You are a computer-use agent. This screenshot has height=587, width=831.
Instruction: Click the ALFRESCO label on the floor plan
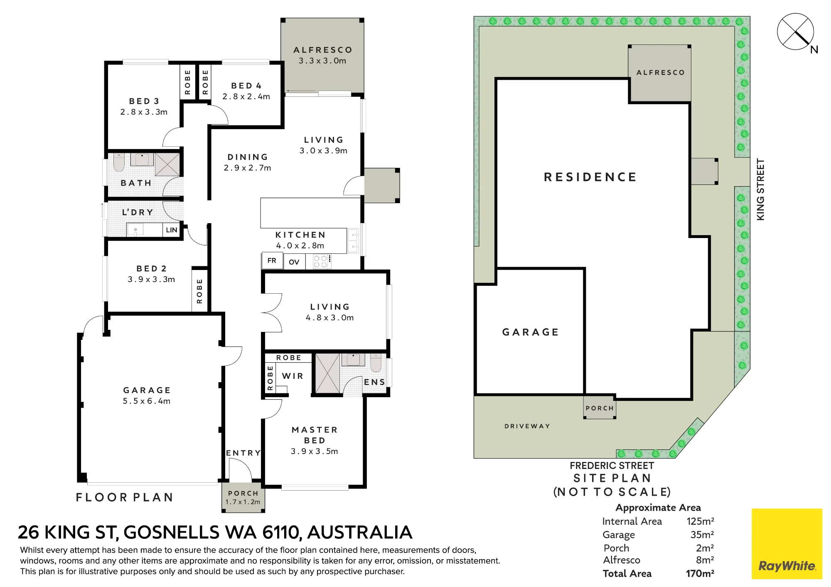323,50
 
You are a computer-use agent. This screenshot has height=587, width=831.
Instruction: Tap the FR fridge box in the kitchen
272,260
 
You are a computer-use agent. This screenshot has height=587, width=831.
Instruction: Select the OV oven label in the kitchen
294,262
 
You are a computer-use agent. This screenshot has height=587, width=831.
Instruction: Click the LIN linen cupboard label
172,230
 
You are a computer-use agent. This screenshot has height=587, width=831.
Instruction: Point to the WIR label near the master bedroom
293,376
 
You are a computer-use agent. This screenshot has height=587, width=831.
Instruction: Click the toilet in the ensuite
376,362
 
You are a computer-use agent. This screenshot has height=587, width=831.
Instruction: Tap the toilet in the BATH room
119,162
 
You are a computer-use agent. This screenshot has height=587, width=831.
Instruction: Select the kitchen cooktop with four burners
322,261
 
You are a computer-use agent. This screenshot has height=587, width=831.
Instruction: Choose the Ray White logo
787,543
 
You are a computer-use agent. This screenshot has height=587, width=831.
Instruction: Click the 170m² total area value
700,573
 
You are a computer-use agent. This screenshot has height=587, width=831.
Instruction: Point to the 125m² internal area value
701,521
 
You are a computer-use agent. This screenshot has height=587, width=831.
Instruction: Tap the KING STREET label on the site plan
760,189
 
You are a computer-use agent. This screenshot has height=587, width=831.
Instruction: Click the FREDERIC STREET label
612,466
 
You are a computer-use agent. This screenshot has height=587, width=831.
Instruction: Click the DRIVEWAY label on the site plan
527,426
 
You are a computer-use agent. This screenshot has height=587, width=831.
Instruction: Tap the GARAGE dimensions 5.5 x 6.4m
147,401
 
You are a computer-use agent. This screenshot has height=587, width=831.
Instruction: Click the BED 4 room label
246,86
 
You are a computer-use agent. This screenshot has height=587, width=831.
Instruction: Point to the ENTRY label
243,453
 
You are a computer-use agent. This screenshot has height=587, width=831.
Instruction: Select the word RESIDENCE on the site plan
590,177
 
